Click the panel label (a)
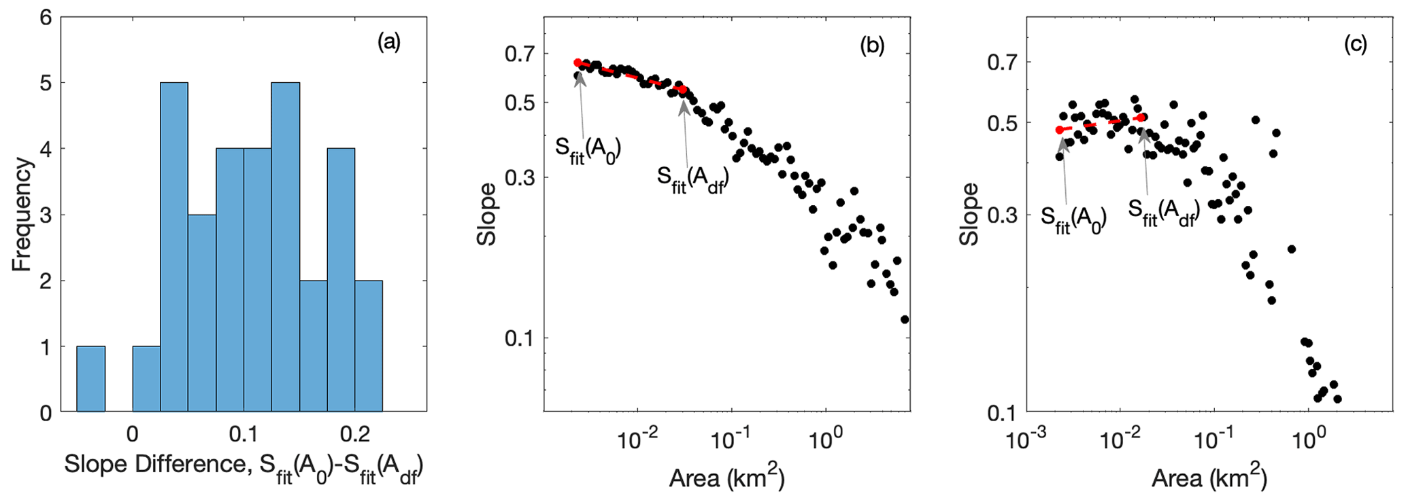coord(389,43)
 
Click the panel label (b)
coord(872,46)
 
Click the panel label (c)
coord(1354,44)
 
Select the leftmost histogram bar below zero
coord(90,378)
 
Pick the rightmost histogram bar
coord(368,346)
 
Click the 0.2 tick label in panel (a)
coord(354,433)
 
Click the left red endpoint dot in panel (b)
coord(578,62)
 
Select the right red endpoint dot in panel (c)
coord(1142,118)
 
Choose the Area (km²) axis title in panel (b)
coord(726,478)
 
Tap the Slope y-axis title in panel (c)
coord(968,215)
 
